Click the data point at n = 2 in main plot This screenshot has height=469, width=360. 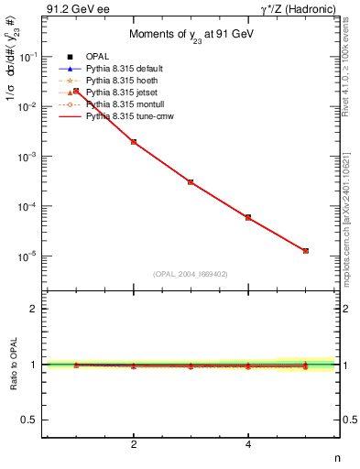coord(134,142)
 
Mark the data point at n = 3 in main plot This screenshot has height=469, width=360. coord(191,182)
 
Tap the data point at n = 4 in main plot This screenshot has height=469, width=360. coord(248,217)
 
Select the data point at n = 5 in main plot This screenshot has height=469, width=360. coord(305,250)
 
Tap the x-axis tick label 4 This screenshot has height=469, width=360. coord(248,445)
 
